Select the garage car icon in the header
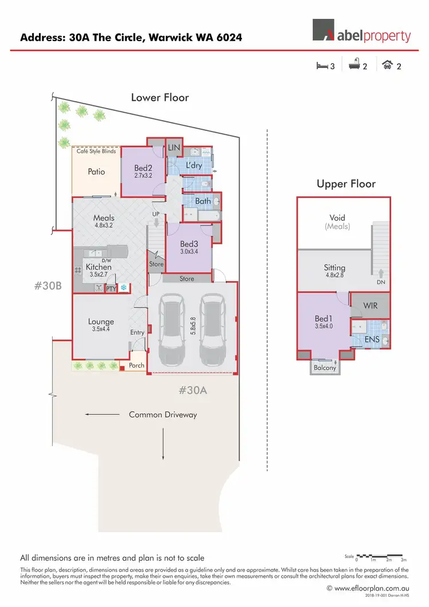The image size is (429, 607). (388, 66)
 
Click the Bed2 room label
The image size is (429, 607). (143, 168)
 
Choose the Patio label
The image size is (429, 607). (96, 171)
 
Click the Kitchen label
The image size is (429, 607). (98, 267)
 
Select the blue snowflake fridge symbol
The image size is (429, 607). (122, 288)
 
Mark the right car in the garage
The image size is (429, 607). (213, 330)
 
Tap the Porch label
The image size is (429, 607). (137, 365)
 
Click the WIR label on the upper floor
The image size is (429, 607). (370, 306)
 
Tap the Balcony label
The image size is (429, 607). (325, 368)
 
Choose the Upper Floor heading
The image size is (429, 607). (346, 184)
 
